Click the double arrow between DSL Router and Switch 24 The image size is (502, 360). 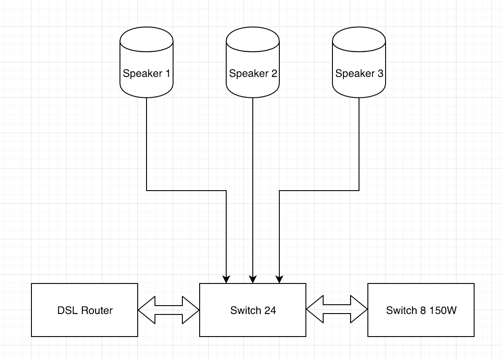point(169,310)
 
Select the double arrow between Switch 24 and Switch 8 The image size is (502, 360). point(337,310)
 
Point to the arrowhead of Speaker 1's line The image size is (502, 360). point(226,280)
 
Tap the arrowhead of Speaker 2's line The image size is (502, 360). point(253,280)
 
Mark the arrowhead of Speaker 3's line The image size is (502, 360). point(279,280)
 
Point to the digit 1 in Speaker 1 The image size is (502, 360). point(167,73)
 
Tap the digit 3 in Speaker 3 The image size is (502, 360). point(380,73)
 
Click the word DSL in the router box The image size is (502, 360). point(66,310)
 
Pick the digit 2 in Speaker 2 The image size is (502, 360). point(274,73)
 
